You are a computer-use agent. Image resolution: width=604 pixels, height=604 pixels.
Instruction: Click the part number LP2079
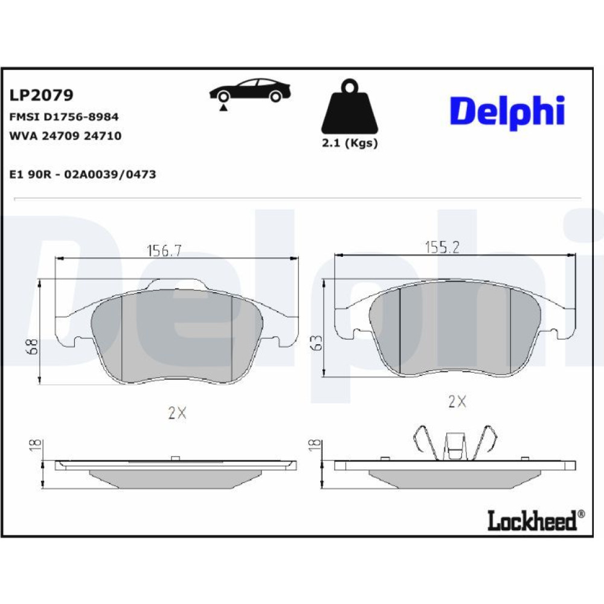tap(41, 95)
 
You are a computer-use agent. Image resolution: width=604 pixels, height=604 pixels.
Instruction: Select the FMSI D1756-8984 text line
tap(64, 117)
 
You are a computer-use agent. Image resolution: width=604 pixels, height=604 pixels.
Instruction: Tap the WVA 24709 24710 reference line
tap(65, 135)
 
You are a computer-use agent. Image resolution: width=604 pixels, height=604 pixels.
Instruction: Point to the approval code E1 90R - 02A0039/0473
tap(83, 175)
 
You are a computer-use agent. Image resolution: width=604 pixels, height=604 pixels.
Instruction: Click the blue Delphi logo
tap(507, 112)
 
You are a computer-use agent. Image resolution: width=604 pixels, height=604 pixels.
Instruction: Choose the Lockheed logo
tap(536, 521)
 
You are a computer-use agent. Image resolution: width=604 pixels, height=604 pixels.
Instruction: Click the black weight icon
tap(350, 106)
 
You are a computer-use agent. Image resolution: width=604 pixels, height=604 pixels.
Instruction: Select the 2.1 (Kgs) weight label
tap(350, 143)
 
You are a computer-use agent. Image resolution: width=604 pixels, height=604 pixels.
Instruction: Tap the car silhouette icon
tap(251, 91)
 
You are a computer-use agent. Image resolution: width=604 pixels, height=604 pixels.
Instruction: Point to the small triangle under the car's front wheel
tap(223, 108)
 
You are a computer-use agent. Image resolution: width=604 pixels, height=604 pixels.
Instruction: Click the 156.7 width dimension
tap(164, 251)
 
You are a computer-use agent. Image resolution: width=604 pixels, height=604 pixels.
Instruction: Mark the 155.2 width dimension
tap(442, 247)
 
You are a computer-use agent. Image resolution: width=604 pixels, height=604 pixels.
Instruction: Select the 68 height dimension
tap(33, 346)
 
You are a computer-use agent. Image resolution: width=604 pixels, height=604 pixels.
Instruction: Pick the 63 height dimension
tap(316, 342)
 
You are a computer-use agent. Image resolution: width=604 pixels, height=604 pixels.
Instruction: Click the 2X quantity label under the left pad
tap(177, 413)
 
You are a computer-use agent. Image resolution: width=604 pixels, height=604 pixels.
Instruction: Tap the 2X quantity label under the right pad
tap(457, 402)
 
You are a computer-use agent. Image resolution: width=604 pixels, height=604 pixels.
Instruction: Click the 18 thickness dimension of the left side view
tap(35, 445)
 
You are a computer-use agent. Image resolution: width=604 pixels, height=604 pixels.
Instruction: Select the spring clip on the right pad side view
tap(455, 443)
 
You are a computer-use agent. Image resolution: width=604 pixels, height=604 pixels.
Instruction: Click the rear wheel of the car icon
tap(275, 96)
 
